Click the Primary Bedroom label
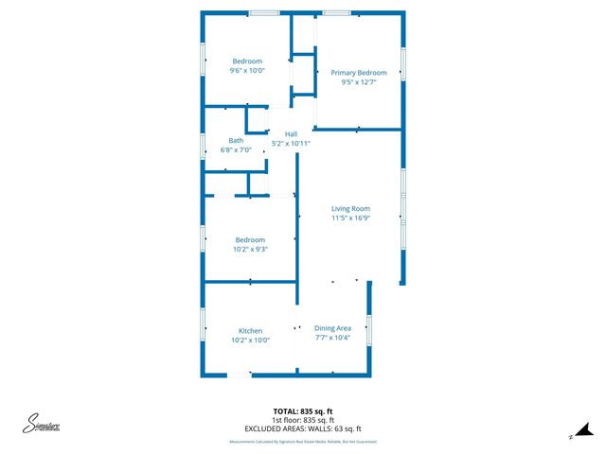coord(358,73)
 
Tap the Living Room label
coord(350,208)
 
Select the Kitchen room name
coord(250,331)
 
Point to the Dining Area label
coord(332,328)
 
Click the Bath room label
coord(235,141)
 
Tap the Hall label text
coord(291,134)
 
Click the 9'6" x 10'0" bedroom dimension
coord(247,70)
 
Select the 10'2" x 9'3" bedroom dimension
coord(250,249)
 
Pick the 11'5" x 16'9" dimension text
coord(350,218)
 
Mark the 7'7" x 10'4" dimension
coord(332,338)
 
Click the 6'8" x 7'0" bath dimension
coord(235,149)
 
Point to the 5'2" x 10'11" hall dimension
coord(291,143)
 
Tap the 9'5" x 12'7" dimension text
coord(358,82)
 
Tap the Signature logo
coord(42,425)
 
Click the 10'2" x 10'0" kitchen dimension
coord(250,340)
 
